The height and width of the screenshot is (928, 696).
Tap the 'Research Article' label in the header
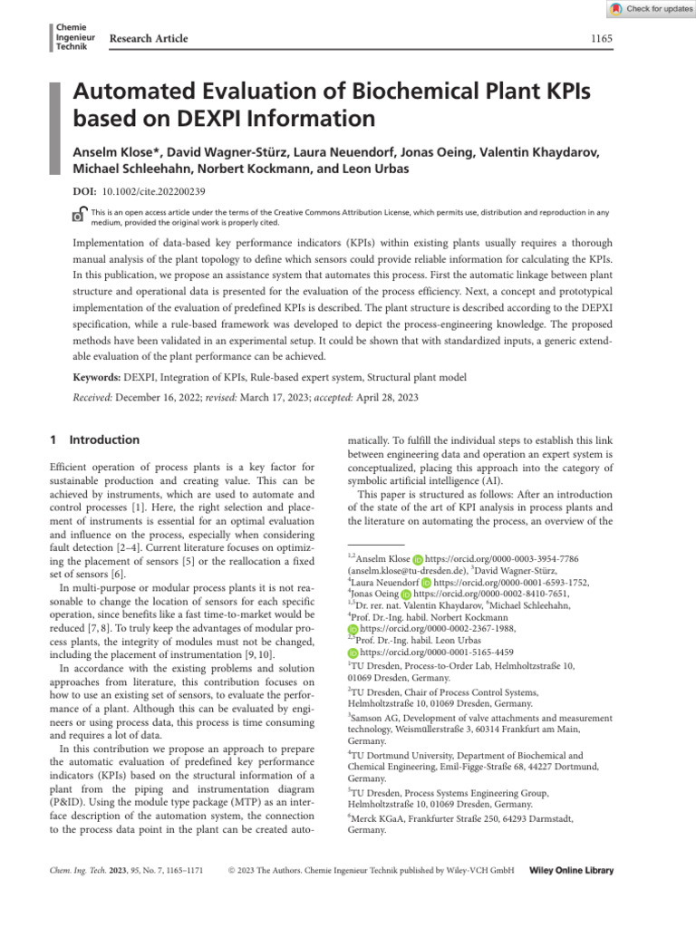coord(149,38)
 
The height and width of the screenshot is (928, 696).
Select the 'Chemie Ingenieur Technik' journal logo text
coord(72,38)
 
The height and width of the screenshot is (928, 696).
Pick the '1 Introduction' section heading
coord(94,440)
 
